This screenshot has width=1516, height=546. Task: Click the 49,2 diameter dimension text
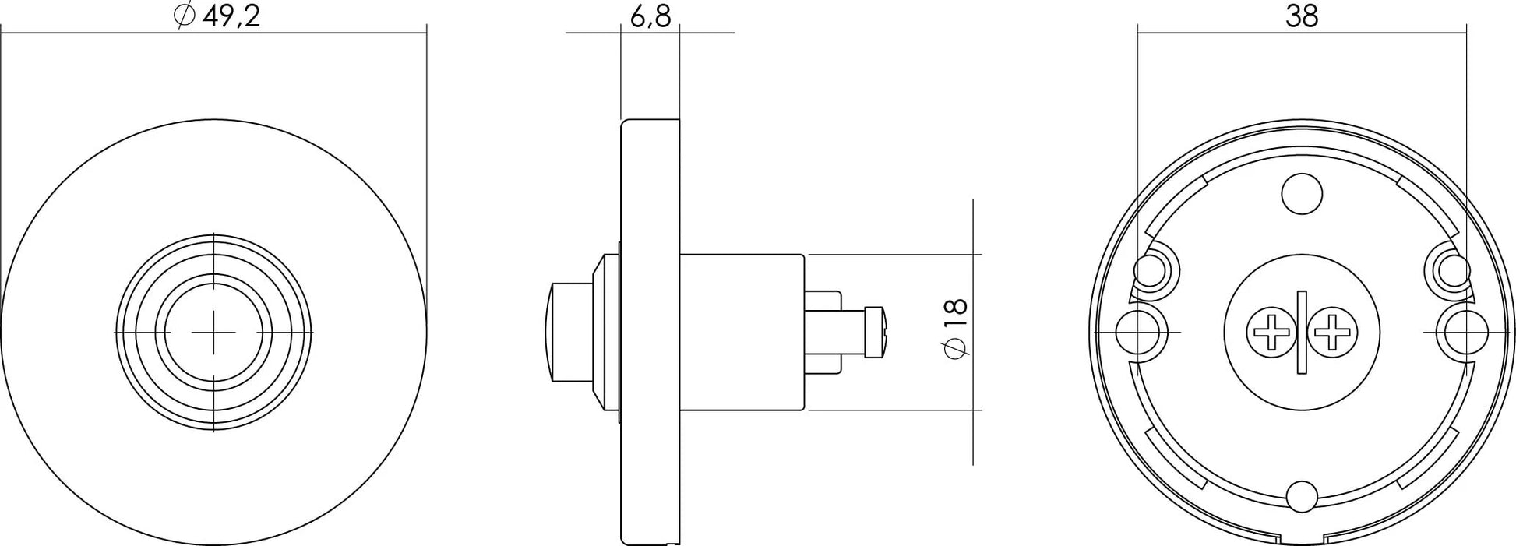click(231, 16)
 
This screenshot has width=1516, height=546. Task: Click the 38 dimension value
click(1301, 16)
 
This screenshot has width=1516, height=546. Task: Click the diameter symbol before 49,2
click(184, 16)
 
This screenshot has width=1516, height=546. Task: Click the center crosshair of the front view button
click(213, 332)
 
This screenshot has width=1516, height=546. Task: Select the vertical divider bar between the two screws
click(1303, 333)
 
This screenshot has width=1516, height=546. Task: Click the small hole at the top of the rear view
click(1303, 194)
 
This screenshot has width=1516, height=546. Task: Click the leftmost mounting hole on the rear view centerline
click(1137, 333)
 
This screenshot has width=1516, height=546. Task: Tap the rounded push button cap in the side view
click(567, 333)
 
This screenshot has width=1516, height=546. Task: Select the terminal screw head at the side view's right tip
click(878, 333)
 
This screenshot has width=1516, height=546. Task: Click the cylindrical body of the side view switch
click(740, 333)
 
